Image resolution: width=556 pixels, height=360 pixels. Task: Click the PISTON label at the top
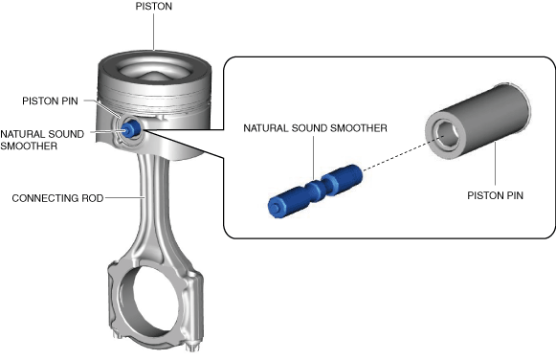coord(153,7)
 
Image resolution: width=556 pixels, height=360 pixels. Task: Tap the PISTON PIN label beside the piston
coord(50,101)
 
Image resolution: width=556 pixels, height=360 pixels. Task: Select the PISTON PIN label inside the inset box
coord(495,195)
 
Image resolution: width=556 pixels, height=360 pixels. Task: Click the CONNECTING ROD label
coord(57,198)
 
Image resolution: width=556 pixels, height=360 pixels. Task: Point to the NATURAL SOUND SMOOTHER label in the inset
coord(315,128)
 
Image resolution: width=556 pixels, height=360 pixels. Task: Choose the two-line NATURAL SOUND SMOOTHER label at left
coord(42,140)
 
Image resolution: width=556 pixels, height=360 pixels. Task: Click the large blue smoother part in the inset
coord(315,191)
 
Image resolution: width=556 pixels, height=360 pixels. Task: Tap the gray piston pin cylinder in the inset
coord(478,122)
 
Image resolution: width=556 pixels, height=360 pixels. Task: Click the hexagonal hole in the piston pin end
coord(447,134)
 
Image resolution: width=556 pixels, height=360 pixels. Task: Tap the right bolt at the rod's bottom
coord(192,345)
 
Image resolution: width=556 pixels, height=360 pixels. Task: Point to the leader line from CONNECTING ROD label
coord(124,197)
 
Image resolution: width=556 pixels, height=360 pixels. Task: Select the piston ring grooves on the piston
coord(155,101)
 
